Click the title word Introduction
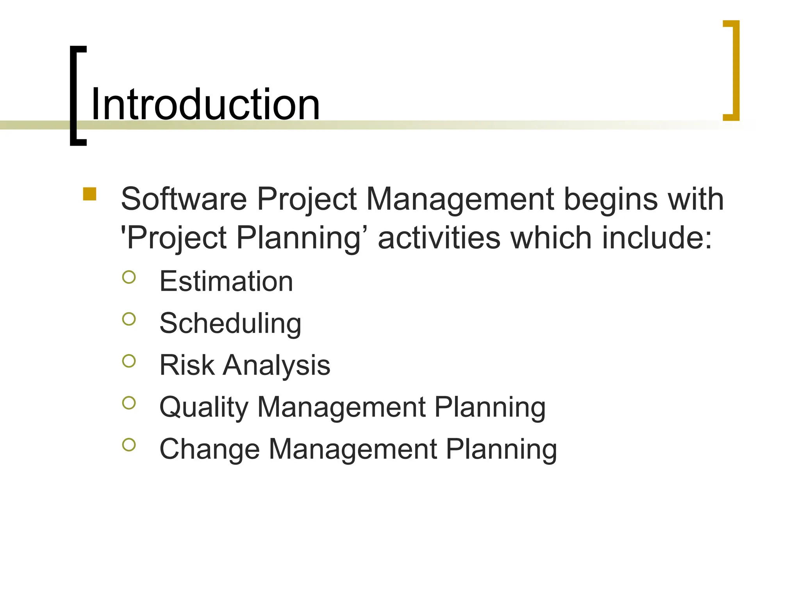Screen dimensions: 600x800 click(205, 104)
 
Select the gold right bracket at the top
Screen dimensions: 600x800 click(736, 70)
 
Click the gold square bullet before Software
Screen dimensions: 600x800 click(90, 194)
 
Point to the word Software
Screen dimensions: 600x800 click(184, 199)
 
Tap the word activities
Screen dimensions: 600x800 click(439, 238)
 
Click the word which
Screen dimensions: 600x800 click(551, 238)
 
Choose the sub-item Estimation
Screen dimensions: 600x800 click(226, 281)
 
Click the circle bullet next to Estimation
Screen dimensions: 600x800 click(129, 277)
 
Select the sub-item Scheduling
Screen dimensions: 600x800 click(230, 324)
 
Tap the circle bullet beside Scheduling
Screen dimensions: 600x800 click(129, 319)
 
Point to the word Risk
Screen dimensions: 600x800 click(187, 365)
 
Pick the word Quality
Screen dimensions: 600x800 click(204, 408)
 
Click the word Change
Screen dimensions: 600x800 click(209, 449)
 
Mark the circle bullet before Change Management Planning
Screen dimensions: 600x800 click(129, 445)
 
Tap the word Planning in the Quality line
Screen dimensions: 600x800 click(490, 408)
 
